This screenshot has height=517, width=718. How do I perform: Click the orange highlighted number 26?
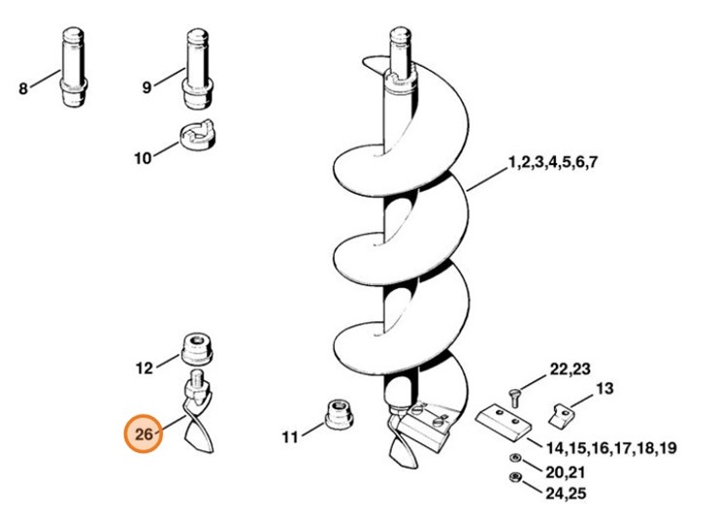[x=144, y=434]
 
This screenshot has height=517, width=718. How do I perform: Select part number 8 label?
[x=23, y=88]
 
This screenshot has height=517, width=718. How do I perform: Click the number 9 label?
[x=147, y=87]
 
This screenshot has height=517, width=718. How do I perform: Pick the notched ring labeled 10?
[x=196, y=135]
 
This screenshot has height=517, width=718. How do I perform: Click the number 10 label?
[x=143, y=158]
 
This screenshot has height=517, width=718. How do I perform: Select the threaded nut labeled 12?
[x=197, y=349]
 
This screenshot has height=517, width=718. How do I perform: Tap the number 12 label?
[x=145, y=368]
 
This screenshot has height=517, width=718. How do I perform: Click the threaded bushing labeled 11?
[x=340, y=413]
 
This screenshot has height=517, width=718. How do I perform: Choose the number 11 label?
[x=290, y=437]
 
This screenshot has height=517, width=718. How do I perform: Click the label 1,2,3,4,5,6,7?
[x=553, y=163]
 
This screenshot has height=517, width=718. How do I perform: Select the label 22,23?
[x=571, y=370]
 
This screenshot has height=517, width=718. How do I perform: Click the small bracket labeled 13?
[x=561, y=415]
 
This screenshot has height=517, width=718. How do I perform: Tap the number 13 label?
[x=604, y=389]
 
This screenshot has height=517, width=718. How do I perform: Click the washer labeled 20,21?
[x=514, y=458]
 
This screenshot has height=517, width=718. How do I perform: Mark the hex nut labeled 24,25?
[x=515, y=477]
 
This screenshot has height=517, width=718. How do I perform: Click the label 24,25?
[x=566, y=494]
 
